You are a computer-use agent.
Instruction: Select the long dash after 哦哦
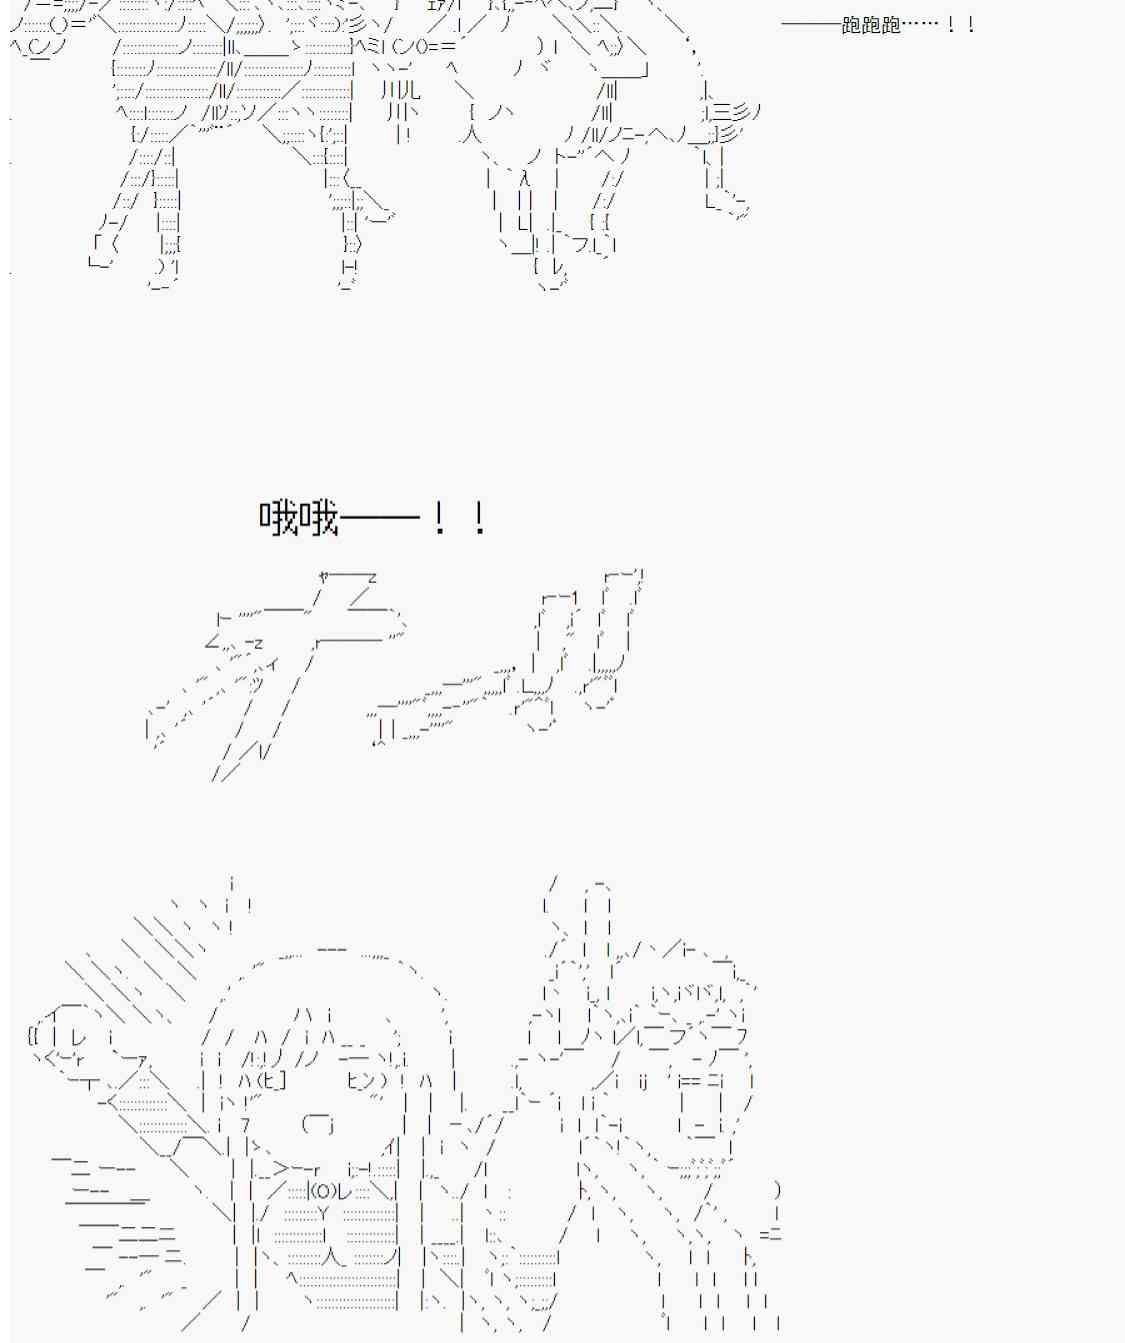380,517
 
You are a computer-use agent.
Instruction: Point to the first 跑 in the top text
852,25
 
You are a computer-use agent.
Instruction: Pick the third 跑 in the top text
892,25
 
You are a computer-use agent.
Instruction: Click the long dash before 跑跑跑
811,25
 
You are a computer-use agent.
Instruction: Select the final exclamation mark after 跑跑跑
971,25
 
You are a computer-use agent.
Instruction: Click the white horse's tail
733,119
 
